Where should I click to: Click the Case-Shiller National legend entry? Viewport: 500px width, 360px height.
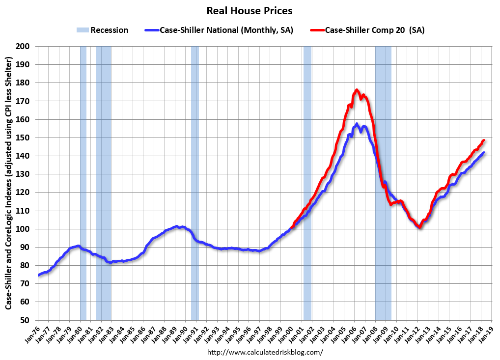(x=219, y=30)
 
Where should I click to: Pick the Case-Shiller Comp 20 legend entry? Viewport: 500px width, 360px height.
(x=367, y=30)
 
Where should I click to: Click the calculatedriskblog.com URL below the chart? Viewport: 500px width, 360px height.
(x=265, y=352)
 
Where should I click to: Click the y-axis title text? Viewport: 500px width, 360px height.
(x=9, y=183)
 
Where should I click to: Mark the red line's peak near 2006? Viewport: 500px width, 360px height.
(x=357, y=90)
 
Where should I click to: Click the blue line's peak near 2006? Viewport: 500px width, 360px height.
(x=357, y=124)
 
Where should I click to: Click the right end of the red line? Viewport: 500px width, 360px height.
(x=484, y=140)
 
